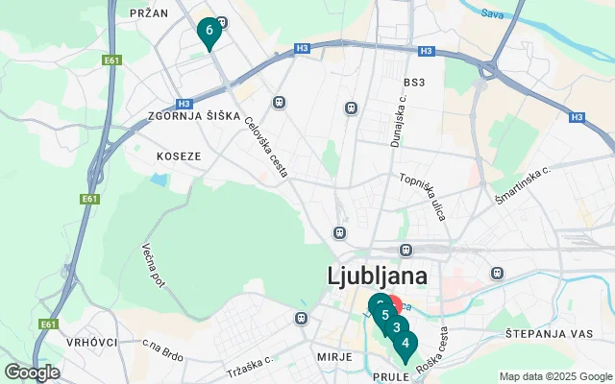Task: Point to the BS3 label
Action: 415,82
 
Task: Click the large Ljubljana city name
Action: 378,276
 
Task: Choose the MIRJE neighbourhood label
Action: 334,355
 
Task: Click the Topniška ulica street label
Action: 424,197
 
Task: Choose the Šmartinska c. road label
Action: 522,182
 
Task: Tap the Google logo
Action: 32,372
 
